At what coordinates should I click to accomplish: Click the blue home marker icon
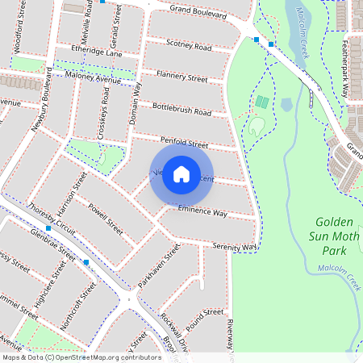tap(181, 173)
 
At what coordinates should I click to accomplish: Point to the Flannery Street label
tap(181, 77)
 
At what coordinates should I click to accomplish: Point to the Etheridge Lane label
tap(96, 52)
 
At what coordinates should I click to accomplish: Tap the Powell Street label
tap(106, 218)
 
